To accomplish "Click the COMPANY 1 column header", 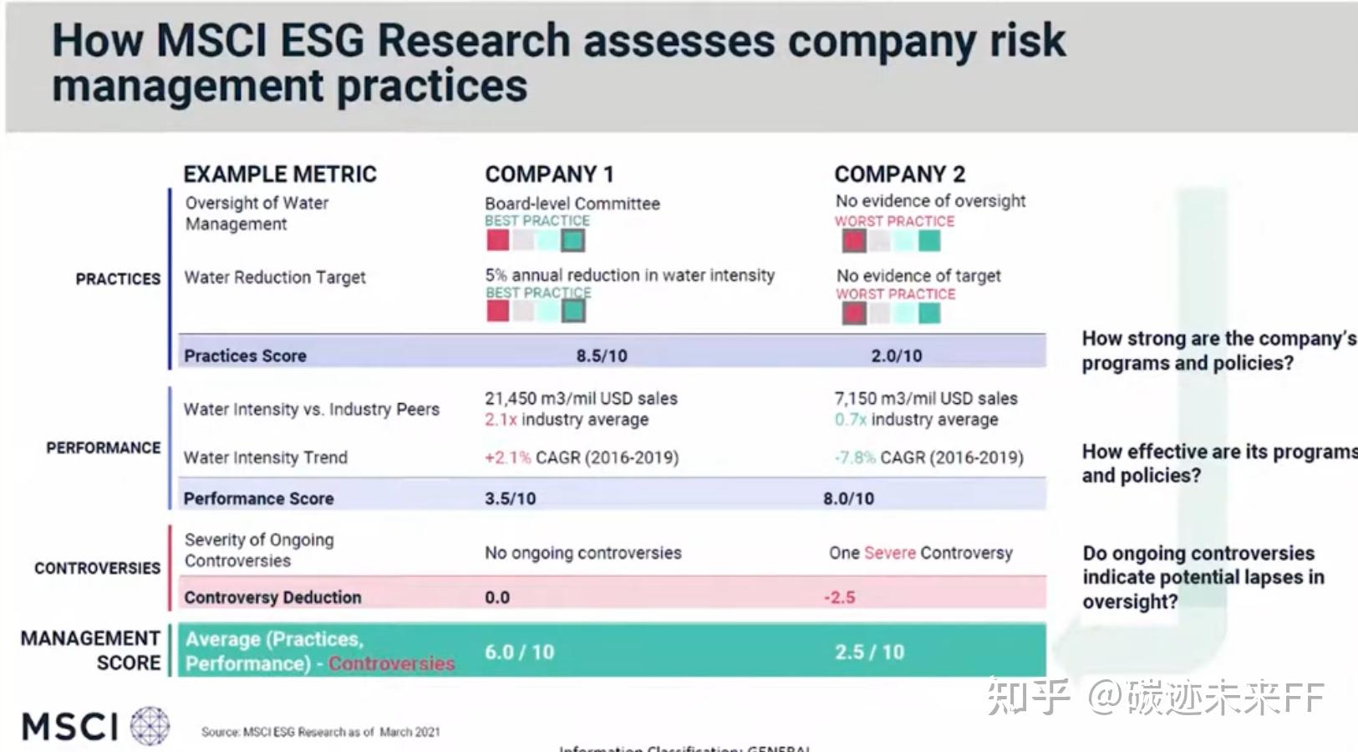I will click(549, 174).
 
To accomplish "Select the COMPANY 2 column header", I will click(899, 174).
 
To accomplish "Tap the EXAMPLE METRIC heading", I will click(280, 174).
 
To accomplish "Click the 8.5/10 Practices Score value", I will click(601, 356).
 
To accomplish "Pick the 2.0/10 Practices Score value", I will click(896, 356).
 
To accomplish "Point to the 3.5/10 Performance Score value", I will click(510, 499).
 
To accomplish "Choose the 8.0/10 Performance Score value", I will click(848, 499).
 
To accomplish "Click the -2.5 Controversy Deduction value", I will click(839, 597).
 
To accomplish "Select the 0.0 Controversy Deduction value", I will click(496, 597).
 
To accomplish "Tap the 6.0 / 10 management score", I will click(519, 652).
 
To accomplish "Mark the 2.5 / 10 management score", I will click(869, 652).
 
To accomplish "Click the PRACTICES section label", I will click(118, 279).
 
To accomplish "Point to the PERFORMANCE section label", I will click(103, 448).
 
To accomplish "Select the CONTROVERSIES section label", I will click(97, 568).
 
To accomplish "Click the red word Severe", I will click(890, 553).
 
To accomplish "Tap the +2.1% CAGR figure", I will click(507, 458).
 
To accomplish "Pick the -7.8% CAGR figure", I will click(854, 458).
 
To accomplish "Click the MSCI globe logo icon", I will click(150, 725).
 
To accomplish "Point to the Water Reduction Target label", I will click(274, 277).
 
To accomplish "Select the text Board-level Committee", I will click(572, 203).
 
